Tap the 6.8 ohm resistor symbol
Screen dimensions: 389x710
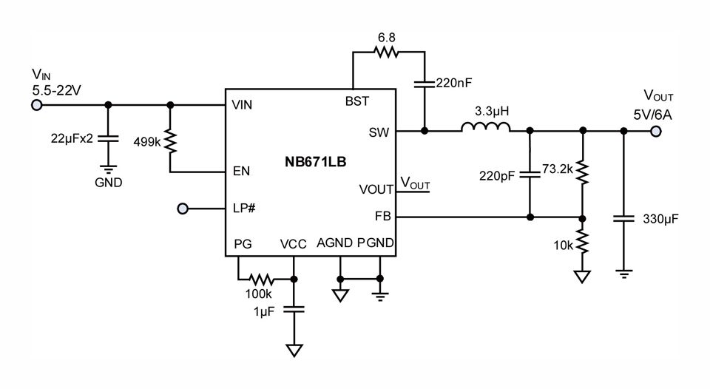386,52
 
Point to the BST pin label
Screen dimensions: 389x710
357,101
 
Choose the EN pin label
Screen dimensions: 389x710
240,171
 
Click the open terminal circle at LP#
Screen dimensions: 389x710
183,209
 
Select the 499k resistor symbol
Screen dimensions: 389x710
171,141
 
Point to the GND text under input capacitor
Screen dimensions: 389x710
109,182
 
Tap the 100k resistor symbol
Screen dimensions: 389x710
260,280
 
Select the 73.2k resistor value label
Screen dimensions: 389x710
558,169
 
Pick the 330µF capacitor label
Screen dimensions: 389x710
660,220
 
